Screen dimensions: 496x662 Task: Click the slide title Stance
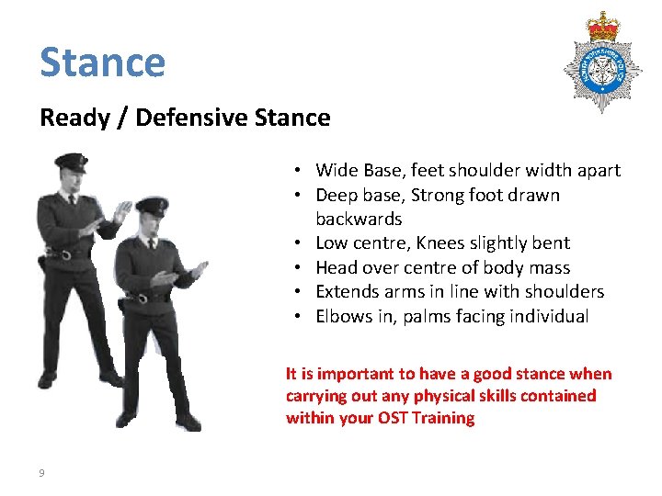tap(102, 62)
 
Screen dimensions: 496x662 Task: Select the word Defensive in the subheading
tap(188, 118)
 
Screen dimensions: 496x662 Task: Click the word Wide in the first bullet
tap(335, 170)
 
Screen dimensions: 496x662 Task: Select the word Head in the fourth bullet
tap(335, 267)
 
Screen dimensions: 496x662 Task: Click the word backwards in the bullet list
tap(359, 219)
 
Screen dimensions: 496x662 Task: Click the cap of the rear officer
tap(70, 162)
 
